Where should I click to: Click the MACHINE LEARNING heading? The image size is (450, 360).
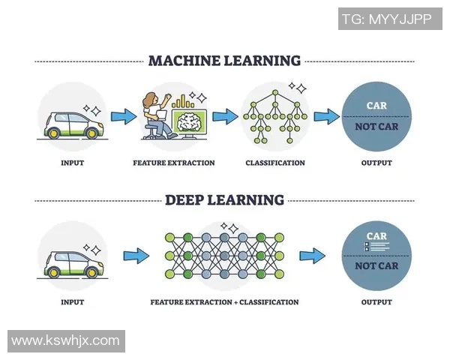click(x=224, y=61)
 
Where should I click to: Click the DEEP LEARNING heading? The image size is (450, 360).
click(x=224, y=200)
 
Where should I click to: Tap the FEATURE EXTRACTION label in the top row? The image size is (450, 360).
click(x=173, y=163)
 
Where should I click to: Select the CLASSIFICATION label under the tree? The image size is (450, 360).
click(x=275, y=163)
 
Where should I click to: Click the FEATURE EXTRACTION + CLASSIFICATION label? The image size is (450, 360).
click(x=224, y=302)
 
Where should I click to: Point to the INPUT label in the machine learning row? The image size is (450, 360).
click(x=72, y=163)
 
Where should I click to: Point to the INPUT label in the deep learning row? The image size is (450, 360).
click(x=72, y=302)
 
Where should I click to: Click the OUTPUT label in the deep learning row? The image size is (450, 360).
click(x=376, y=302)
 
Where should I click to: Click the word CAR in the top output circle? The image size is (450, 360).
click(x=376, y=106)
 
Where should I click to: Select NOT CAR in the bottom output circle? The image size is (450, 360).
click(x=376, y=265)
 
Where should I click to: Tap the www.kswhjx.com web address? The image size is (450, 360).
click(x=65, y=340)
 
